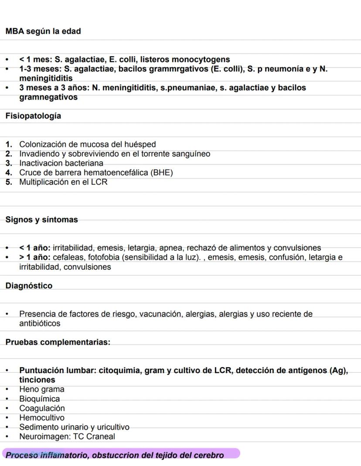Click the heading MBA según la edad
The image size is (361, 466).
(43, 31)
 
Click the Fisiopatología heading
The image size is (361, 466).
(33, 116)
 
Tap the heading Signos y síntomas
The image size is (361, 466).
(41, 219)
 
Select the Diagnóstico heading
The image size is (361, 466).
(29, 286)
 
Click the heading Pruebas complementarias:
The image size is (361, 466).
(58, 342)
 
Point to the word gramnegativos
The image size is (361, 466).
(48, 97)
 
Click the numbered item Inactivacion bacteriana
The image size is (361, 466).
(61, 163)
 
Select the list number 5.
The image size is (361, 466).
(9, 182)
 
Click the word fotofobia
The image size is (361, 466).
(105, 257)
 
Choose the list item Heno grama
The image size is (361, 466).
(41, 389)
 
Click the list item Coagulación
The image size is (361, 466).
(42, 409)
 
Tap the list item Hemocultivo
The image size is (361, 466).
(41, 418)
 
